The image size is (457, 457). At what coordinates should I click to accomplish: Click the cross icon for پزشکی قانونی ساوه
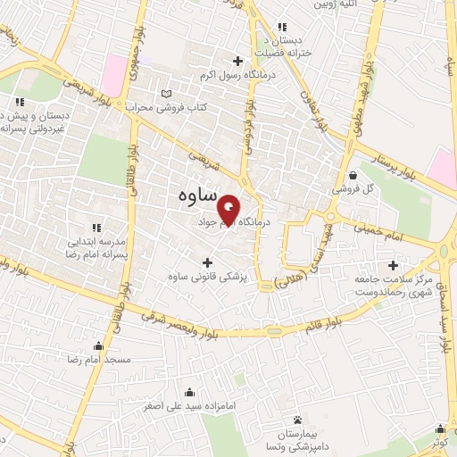pos(208,262)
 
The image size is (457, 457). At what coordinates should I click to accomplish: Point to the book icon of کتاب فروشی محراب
pos(165,93)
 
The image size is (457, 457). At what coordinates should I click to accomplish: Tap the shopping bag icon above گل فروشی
pos(354,175)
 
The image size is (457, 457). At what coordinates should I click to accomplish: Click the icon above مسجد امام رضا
pos(97,345)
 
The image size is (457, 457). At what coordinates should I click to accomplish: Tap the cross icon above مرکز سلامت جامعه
pos(393,265)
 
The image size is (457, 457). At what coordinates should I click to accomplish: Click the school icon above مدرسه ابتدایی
pos(96,228)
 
